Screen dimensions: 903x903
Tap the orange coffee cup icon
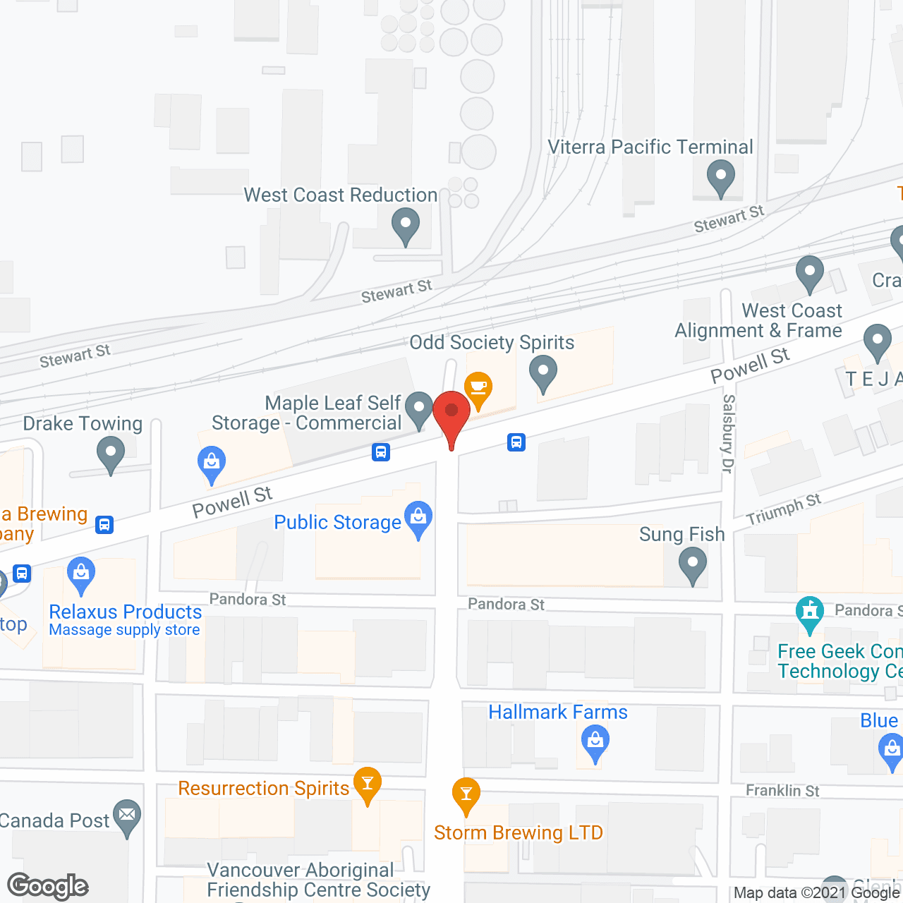coord(479,388)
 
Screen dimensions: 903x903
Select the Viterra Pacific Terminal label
coord(650,147)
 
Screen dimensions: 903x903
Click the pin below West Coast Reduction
coord(406,226)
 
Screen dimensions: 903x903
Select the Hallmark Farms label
coord(557,713)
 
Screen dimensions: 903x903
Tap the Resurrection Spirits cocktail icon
coord(367,784)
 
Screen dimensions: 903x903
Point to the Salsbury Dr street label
coord(729,433)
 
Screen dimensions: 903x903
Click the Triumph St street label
coord(783,509)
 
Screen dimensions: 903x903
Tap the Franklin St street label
coord(782,791)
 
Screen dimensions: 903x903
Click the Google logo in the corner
coord(48,886)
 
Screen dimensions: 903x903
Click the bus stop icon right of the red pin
coord(516,442)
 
